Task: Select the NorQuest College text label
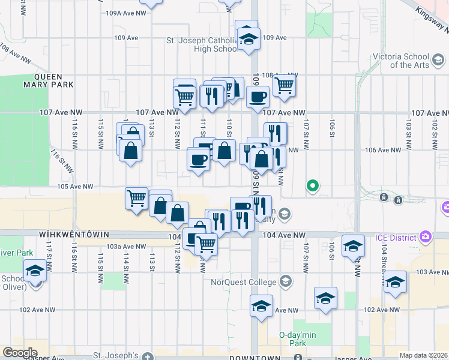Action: coord(244,282)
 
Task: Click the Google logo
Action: coord(20,353)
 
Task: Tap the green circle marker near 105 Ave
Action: coord(312,185)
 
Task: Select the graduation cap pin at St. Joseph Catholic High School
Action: coord(247,39)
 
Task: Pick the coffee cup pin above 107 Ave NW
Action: coord(258,96)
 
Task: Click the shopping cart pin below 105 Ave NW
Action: coord(137,197)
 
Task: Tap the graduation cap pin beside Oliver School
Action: coord(35,273)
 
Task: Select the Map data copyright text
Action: coord(424,355)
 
